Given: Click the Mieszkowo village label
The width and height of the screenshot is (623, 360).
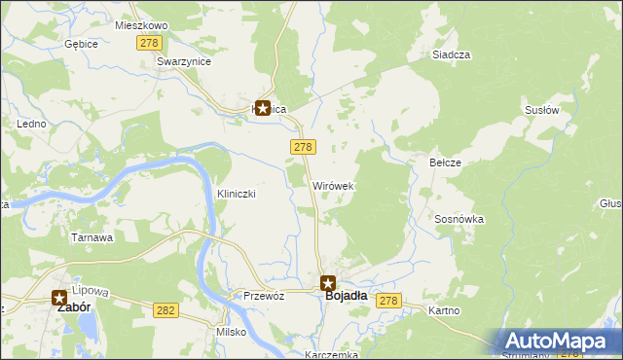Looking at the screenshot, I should click(x=141, y=24).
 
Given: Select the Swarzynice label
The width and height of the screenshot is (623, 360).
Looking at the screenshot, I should click(x=184, y=60).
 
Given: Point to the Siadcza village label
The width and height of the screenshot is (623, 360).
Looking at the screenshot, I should click(x=452, y=55).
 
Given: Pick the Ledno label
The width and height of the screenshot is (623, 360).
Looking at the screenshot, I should click(x=32, y=125).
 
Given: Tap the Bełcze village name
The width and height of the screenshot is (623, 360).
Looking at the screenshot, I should click(x=445, y=162).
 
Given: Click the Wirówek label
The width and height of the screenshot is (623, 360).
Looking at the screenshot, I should click(x=332, y=185).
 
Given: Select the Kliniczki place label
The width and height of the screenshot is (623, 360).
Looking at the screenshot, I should click(x=236, y=194).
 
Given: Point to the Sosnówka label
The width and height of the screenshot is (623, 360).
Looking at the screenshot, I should click(x=459, y=220).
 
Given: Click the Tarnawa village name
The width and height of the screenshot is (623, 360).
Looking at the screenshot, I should click(x=92, y=237).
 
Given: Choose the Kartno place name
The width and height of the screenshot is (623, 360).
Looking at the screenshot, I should click(x=445, y=310).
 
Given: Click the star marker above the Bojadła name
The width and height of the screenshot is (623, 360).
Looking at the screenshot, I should click(x=328, y=282).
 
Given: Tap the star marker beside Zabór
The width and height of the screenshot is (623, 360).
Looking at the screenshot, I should click(x=59, y=299).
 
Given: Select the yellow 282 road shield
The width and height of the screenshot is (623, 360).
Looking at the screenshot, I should click(x=165, y=309).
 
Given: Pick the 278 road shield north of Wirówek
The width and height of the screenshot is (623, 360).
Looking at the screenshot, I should click(x=302, y=146).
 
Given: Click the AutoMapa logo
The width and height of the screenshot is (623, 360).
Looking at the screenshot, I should click(x=560, y=341).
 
